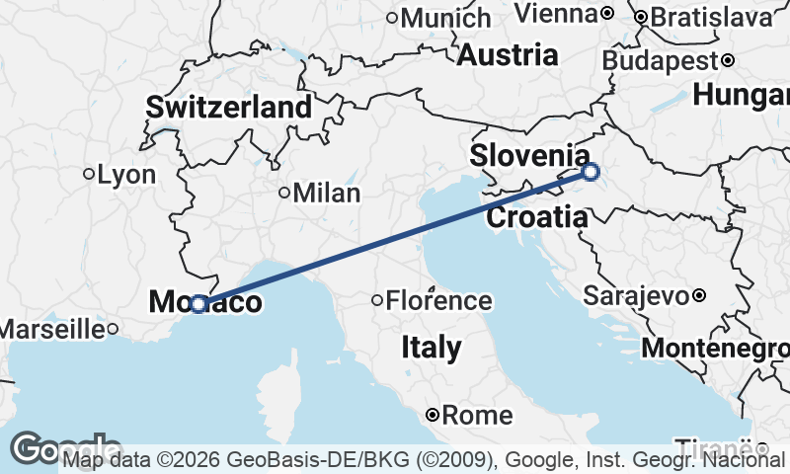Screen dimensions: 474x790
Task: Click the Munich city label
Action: point(445,17)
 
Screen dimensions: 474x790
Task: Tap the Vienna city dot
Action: point(607,14)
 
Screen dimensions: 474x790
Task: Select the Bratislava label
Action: point(709,17)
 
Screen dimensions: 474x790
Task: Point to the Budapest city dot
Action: point(728,60)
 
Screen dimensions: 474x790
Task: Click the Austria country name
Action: point(508,54)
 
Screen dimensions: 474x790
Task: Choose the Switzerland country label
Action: point(229,107)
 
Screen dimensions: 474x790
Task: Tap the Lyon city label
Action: point(127,175)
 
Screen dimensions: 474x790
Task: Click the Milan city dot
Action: point(284,193)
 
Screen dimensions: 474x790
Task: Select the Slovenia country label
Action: point(529,155)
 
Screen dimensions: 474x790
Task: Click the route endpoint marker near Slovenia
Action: point(591,172)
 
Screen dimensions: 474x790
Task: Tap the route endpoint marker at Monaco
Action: point(198,304)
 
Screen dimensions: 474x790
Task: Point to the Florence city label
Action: point(438,300)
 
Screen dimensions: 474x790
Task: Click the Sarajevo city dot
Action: point(699,295)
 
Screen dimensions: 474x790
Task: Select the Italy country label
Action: point(432,347)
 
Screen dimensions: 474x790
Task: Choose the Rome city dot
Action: point(433,416)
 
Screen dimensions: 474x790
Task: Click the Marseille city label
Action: point(51,329)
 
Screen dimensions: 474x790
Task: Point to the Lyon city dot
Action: point(89,175)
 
